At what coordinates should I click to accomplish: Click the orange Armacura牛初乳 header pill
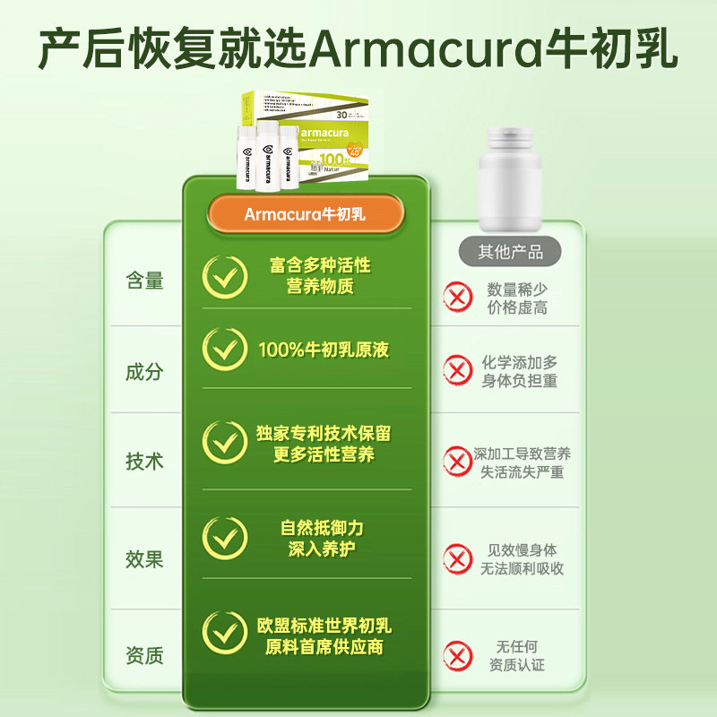point(306,214)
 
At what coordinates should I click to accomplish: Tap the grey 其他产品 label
point(509,251)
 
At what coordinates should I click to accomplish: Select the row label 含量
point(144,281)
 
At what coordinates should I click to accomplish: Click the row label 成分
point(144,371)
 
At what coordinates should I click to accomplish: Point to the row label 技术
point(144,462)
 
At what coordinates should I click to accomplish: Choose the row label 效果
point(144,559)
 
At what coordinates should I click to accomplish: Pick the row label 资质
point(144,655)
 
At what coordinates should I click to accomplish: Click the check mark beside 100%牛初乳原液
point(224,350)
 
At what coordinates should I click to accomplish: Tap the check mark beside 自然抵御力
point(224,538)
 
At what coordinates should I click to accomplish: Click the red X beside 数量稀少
point(457,297)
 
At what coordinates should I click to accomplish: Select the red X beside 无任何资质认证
point(457,655)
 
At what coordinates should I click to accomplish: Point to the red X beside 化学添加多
point(457,369)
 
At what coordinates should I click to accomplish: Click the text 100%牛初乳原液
point(324,350)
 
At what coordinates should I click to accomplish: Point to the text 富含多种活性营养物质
point(320,276)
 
